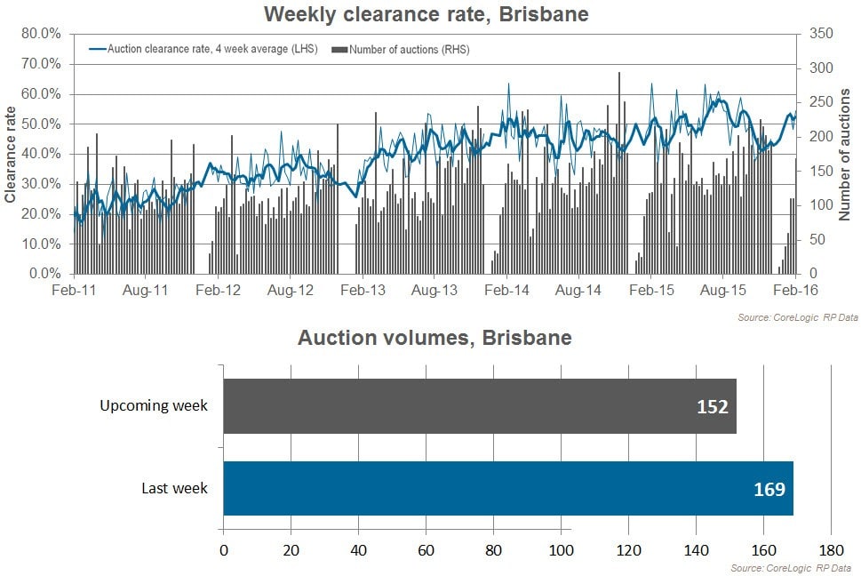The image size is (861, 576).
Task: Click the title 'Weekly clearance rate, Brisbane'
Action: pos(427,14)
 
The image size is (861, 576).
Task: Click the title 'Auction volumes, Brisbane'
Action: pos(434,339)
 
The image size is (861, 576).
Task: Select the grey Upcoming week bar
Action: pos(480,406)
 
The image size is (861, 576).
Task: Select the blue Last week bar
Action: pos(507,488)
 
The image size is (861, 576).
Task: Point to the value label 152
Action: pos(713,407)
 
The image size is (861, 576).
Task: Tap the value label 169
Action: pos(769,488)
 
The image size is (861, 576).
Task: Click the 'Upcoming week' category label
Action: pos(154,406)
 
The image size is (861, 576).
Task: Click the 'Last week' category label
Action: pos(175,488)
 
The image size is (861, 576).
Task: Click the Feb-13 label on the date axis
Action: pos(363,291)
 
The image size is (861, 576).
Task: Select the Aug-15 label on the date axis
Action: pos(723,291)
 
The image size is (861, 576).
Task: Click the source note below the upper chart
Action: pos(797,317)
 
